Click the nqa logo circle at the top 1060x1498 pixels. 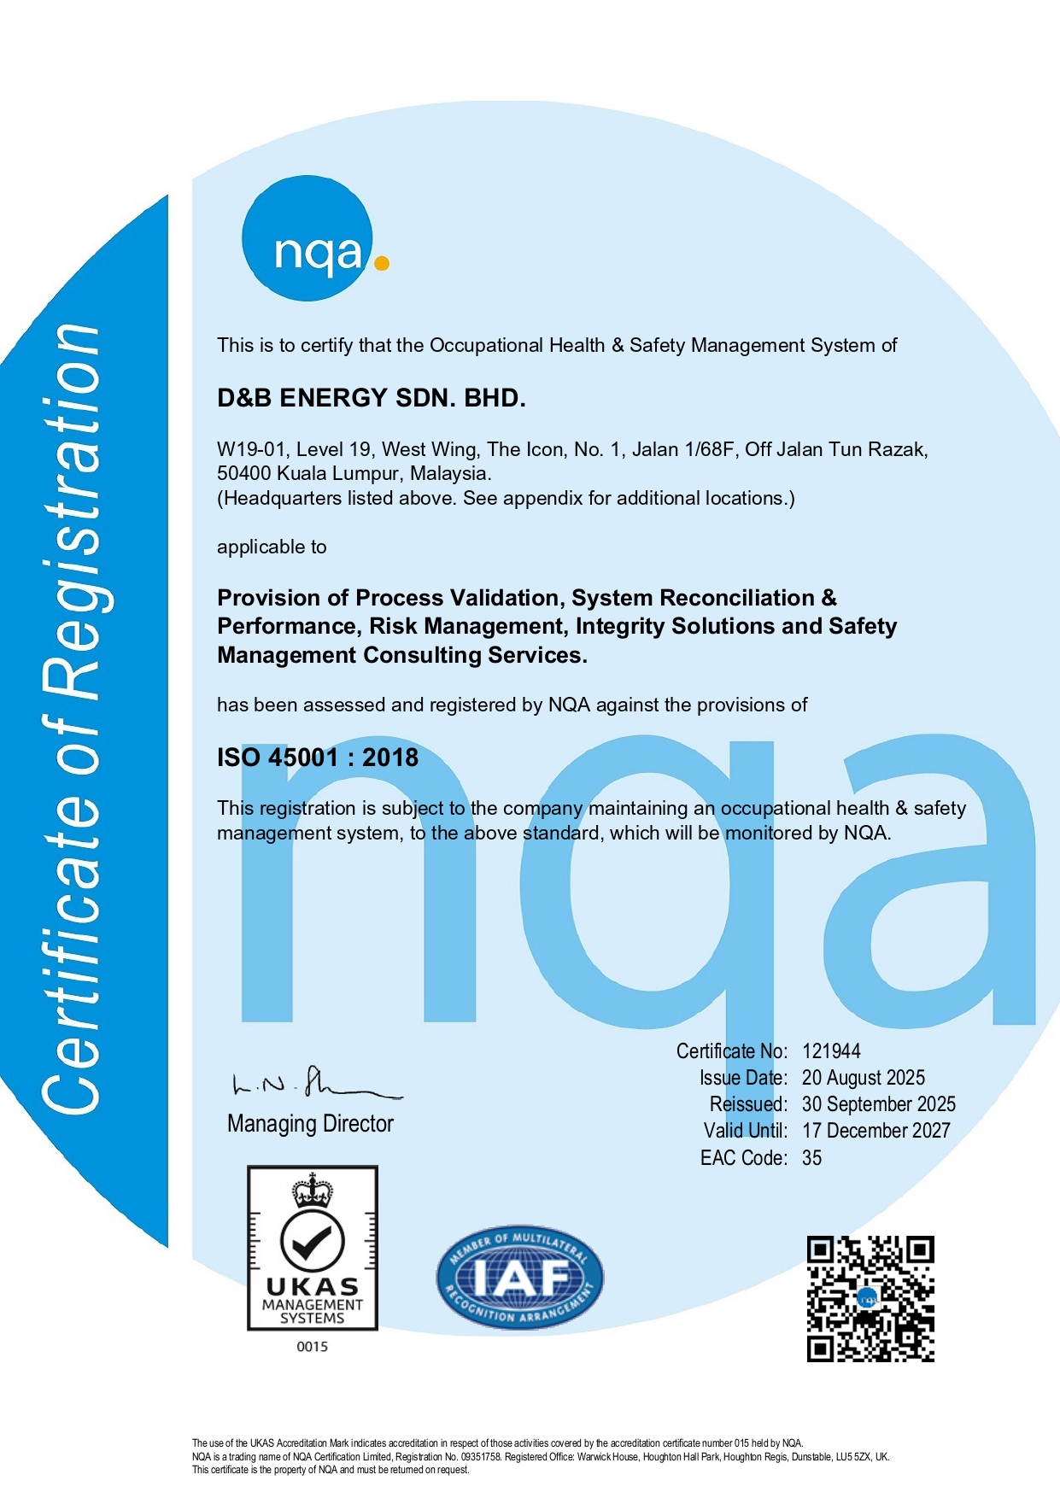click(308, 238)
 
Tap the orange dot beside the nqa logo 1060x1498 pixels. click(382, 263)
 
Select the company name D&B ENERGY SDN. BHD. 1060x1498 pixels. click(371, 398)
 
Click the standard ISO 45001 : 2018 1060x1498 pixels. click(318, 758)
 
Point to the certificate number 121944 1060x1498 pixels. click(831, 1051)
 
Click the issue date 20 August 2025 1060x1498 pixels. click(863, 1078)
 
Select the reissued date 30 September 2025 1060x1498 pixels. click(878, 1104)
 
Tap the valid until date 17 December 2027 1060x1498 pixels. click(876, 1131)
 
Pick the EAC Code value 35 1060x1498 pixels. click(811, 1158)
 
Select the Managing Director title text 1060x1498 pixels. click(310, 1124)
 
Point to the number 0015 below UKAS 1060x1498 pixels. click(312, 1347)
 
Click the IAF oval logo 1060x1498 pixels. click(519, 1279)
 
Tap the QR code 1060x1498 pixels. click(870, 1298)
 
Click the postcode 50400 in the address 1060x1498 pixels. click(244, 473)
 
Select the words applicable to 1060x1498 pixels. click(272, 547)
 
